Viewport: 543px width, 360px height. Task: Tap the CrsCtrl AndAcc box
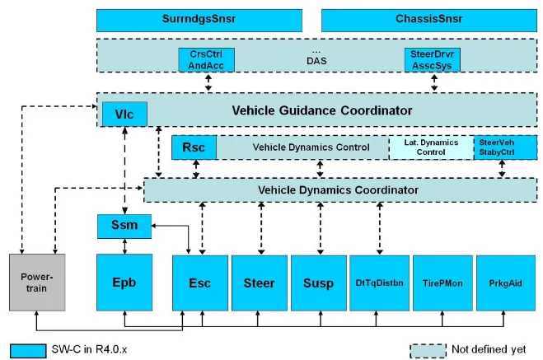(207, 59)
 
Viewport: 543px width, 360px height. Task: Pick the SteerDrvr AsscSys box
(433, 59)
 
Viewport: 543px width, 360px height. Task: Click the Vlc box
(124, 114)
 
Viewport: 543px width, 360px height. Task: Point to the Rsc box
(194, 148)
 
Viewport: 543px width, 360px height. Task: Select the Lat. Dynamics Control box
(430, 148)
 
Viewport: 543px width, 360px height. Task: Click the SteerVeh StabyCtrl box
(498, 148)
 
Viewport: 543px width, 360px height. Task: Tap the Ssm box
(125, 224)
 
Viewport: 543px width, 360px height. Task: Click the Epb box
(125, 283)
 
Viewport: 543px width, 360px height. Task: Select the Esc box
(199, 283)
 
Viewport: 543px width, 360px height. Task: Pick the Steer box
(259, 283)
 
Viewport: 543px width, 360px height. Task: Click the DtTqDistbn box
(377, 283)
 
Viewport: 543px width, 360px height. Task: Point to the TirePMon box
(438, 283)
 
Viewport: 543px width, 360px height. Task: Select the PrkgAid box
(499, 283)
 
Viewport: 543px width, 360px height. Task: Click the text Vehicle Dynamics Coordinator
(338, 190)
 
